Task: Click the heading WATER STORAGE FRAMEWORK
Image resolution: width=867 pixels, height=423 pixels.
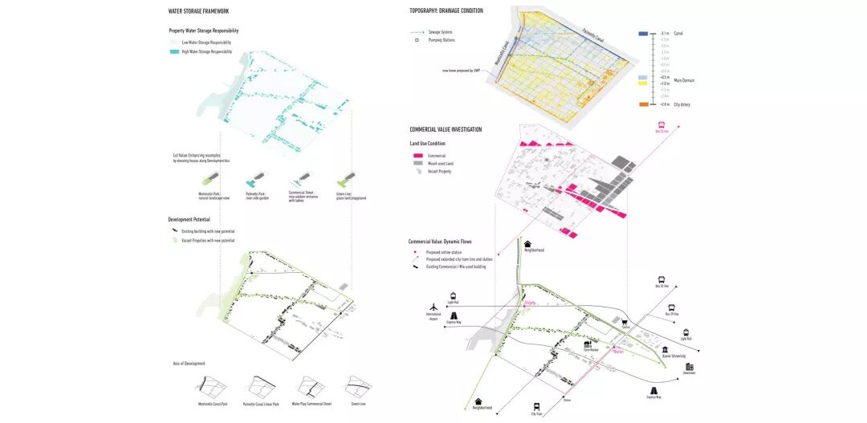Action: [198, 11]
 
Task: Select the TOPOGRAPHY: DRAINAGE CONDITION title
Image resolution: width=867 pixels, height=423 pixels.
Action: [446, 10]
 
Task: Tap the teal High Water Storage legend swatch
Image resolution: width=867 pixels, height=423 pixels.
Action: [174, 51]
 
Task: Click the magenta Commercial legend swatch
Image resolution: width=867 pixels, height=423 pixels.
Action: [417, 156]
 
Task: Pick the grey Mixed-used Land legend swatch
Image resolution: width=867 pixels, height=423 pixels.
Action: [417, 163]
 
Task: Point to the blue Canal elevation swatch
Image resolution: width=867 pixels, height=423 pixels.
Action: [643, 34]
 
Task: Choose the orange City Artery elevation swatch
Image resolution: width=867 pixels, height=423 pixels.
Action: [643, 104]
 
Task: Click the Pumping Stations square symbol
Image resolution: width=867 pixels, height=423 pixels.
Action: [417, 39]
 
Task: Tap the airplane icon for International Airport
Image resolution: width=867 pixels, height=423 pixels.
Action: [433, 307]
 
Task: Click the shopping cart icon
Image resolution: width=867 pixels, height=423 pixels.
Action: [625, 321]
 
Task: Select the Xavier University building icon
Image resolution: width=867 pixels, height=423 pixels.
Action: [666, 350]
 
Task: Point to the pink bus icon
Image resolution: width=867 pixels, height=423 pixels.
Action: [661, 125]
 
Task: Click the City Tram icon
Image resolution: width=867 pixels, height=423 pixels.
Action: [536, 406]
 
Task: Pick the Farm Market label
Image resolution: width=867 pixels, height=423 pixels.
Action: [591, 350]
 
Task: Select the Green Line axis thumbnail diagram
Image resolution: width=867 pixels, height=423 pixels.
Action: [357, 387]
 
